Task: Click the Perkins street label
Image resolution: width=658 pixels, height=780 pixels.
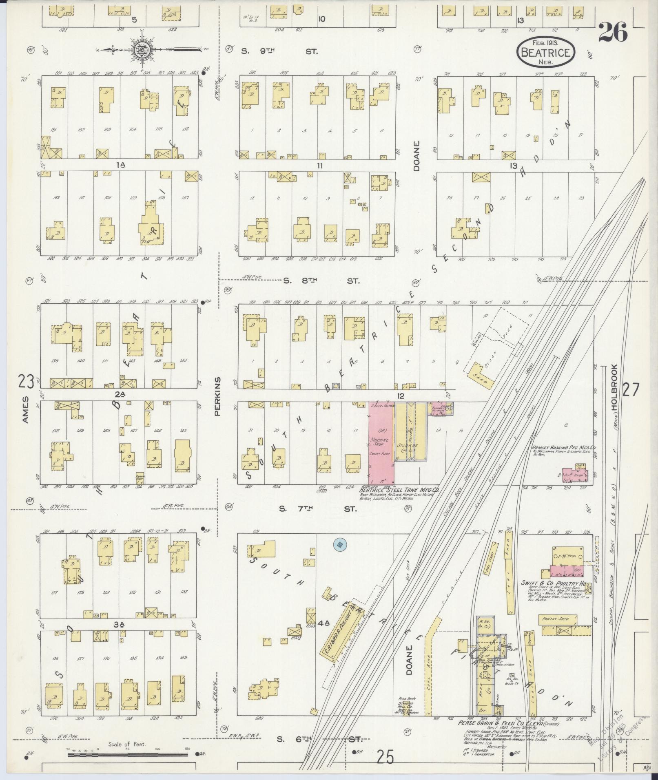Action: tap(217, 396)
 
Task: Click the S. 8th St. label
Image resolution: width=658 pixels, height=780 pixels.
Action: tap(321, 281)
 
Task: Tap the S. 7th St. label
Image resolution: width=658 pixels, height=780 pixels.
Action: tap(318, 509)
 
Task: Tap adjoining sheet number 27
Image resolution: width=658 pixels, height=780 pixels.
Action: tap(630, 390)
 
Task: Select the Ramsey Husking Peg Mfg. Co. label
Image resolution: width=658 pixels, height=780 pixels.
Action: tap(563, 447)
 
